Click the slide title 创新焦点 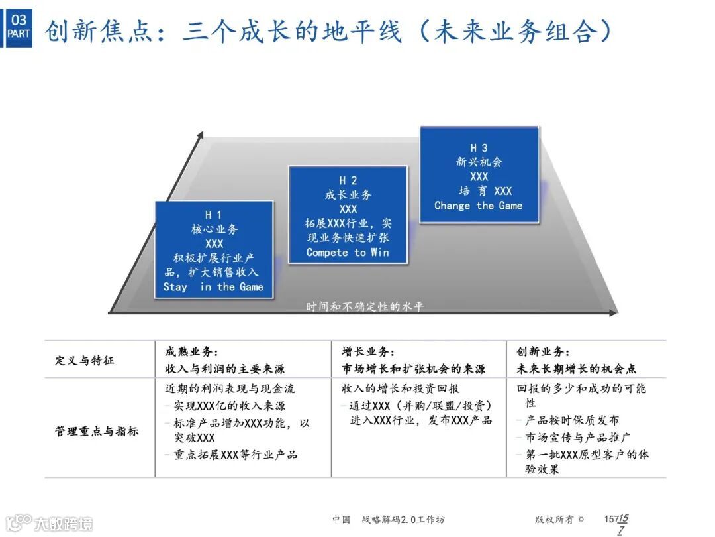coord(328,30)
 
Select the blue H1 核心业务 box coord(213,250)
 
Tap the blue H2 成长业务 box coord(348,215)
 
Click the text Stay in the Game coord(213,287)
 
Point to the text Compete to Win coord(348,253)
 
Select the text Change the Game coord(478,206)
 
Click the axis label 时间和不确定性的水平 coord(365,306)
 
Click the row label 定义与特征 coord(84,361)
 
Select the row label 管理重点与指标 coord(97,431)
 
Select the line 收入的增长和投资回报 coord(401,388)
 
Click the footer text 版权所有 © coord(559,520)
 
